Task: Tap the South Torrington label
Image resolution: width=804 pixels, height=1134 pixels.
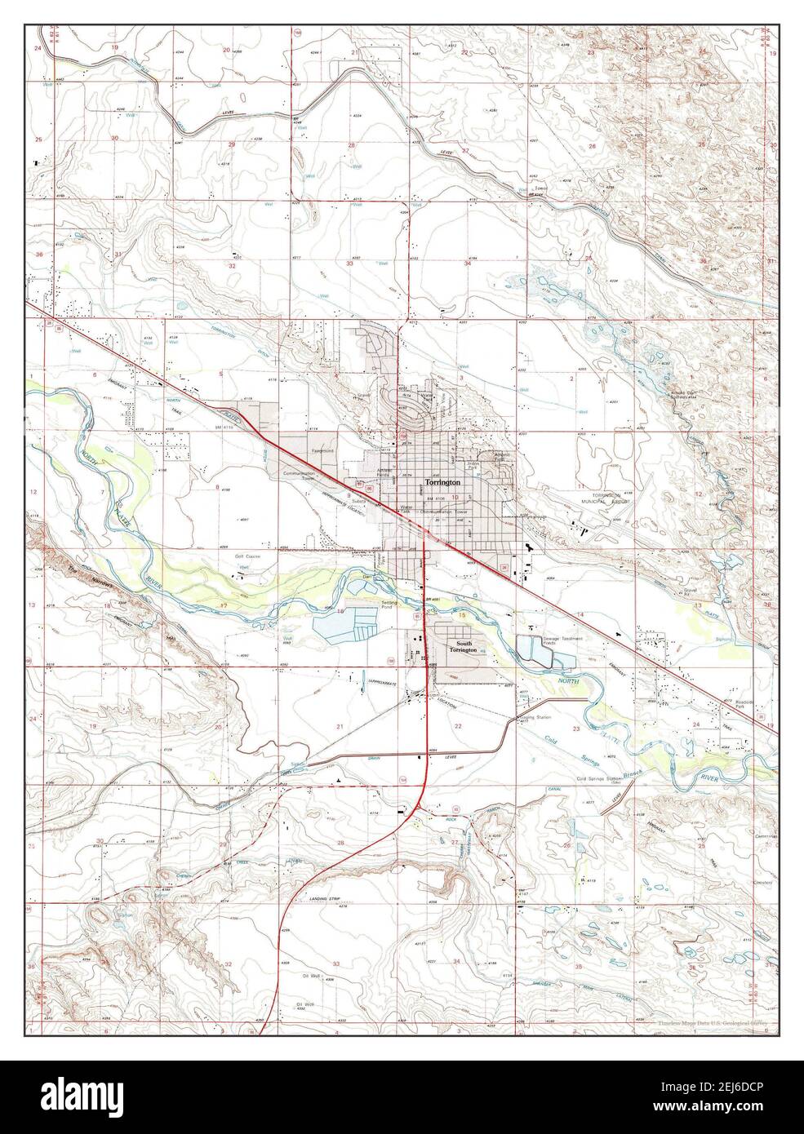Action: [461, 646]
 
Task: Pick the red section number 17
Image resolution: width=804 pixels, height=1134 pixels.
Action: [223, 605]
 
